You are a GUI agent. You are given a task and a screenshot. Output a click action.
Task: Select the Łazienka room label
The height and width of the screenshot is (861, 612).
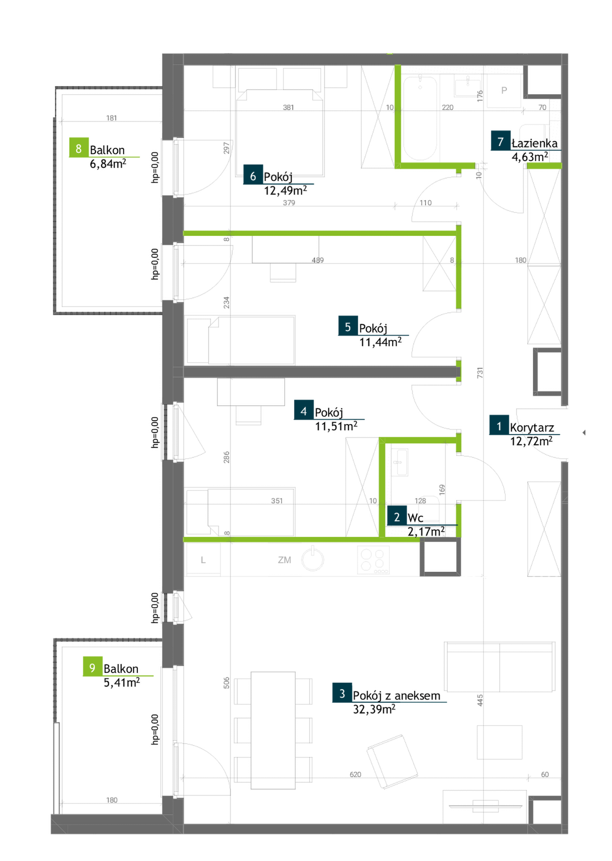534,144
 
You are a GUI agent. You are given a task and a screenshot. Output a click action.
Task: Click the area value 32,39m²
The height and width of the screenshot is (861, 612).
374,710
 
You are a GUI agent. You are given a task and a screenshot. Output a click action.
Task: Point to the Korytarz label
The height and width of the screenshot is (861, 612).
532,428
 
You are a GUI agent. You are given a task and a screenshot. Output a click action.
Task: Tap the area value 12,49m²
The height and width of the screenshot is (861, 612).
285,190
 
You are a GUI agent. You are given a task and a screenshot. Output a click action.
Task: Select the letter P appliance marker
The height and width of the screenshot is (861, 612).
504,91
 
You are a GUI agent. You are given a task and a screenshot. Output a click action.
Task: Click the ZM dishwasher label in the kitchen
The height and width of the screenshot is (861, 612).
284,560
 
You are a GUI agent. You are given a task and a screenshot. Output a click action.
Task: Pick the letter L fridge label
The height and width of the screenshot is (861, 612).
203,560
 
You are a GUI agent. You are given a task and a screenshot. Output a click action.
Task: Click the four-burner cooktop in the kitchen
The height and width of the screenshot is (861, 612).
373,560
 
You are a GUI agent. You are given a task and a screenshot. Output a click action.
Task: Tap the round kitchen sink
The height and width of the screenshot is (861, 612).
313,559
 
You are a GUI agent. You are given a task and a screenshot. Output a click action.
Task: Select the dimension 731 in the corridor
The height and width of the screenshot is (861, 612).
480,373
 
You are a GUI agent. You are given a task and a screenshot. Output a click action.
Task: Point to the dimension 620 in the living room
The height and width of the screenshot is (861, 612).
355,775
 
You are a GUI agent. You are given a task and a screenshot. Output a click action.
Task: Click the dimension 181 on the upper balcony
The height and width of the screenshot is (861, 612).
111,118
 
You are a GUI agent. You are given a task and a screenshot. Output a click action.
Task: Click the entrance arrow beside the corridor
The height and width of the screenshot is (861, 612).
584,433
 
